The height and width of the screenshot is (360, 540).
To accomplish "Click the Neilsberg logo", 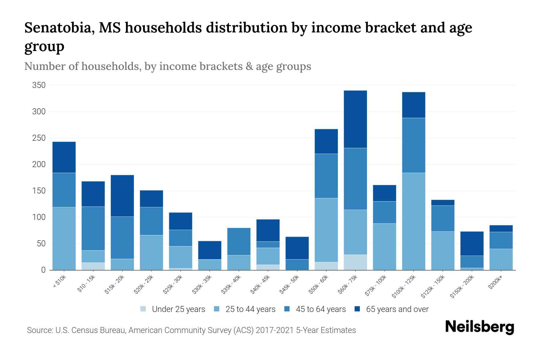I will click(x=479, y=327).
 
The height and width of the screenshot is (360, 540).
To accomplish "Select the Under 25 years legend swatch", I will click(x=143, y=309).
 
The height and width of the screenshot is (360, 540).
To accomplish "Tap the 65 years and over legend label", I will click(x=397, y=309).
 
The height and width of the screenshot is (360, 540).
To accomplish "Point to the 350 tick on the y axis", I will click(x=39, y=85).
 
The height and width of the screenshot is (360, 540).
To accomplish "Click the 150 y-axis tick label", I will click(x=39, y=191).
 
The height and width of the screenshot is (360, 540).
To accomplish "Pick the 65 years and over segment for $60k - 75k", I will click(x=355, y=119).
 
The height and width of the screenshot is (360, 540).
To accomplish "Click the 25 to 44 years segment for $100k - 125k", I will click(x=413, y=221).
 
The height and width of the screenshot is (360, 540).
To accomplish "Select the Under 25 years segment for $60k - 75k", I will click(x=355, y=262).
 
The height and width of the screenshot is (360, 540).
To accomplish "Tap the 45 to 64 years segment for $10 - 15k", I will click(x=93, y=228).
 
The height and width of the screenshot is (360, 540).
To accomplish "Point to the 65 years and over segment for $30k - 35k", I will click(x=210, y=250).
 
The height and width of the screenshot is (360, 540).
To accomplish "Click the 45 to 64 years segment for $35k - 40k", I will click(x=239, y=241).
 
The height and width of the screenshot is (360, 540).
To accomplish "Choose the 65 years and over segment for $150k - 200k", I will click(x=472, y=243).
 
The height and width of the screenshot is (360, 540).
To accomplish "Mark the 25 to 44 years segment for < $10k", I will click(x=64, y=238).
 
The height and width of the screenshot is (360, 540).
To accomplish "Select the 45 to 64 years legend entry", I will click(x=315, y=309).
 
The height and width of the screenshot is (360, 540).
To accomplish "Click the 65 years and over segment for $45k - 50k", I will click(x=297, y=248).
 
